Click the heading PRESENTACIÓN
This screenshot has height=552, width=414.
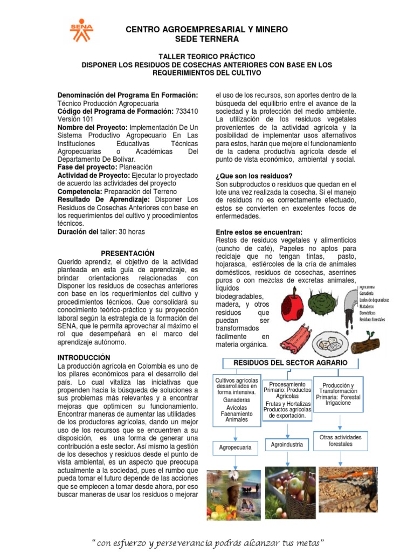click(128, 253)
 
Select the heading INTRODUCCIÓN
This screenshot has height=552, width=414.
click(84, 357)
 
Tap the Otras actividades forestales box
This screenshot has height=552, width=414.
click(340, 440)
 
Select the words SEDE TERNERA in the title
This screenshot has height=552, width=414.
click(207, 40)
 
